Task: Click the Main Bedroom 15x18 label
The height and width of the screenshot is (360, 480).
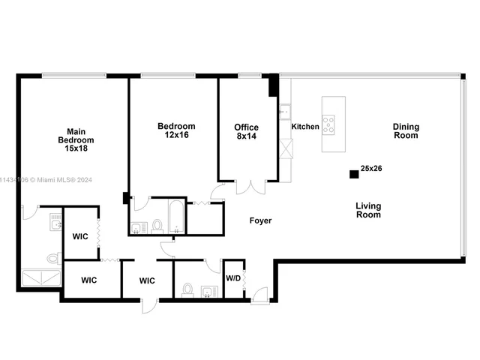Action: click(76, 139)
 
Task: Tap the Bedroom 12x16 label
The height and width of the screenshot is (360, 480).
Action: click(176, 130)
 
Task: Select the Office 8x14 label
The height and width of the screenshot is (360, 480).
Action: click(246, 132)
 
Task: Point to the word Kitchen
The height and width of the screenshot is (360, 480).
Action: click(305, 127)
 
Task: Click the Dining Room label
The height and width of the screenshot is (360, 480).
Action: click(406, 131)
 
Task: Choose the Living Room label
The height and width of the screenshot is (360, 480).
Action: click(368, 210)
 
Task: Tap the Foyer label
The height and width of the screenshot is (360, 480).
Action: click(261, 220)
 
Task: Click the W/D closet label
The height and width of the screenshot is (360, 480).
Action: click(233, 278)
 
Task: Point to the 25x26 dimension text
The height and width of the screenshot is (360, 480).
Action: click(371, 169)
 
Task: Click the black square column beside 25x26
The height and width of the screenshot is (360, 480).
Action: click(353, 174)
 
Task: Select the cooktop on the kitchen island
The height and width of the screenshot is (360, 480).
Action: click(328, 124)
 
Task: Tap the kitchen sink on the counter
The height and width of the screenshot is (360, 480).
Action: click(284, 112)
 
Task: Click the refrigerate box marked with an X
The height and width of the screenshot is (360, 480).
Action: click(286, 148)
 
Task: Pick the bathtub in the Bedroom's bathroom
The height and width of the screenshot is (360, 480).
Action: click(176, 216)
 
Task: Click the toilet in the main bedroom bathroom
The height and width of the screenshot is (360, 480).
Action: click(53, 258)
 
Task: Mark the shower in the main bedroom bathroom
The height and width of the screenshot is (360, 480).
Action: click(42, 279)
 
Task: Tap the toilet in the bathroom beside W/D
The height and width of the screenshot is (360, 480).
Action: click(187, 289)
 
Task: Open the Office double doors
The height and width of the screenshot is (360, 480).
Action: click(250, 185)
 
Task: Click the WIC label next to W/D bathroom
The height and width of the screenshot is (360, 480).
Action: click(147, 280)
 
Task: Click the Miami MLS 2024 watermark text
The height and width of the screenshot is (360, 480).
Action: click(46, 180)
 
